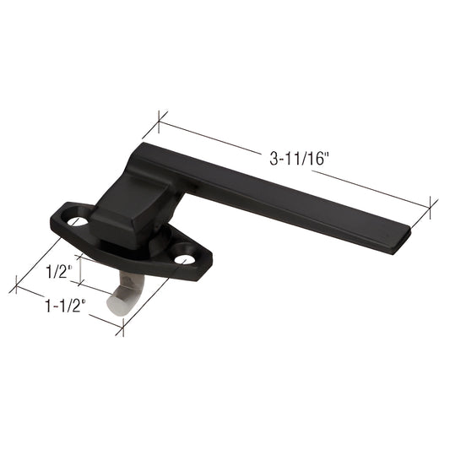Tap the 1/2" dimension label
click(56, 273)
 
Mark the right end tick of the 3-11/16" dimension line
click(432, 207)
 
